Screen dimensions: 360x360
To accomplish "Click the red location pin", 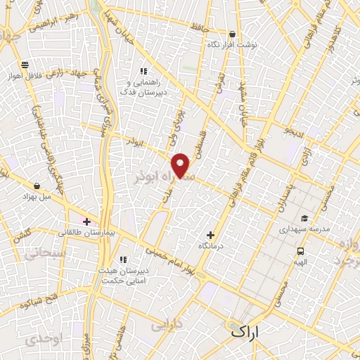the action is [181, 165].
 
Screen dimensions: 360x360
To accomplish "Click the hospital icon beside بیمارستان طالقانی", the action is [86, 221].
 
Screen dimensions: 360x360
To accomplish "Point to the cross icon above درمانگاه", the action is [210, 235].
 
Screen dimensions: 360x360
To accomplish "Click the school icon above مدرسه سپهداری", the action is [304, 218].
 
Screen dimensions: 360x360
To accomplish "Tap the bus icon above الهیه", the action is [301, 251].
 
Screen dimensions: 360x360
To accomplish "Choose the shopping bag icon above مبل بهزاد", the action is [37, 186].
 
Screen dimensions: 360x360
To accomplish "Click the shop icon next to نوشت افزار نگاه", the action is [232, 34].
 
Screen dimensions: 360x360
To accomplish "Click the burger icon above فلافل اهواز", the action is [25, 65].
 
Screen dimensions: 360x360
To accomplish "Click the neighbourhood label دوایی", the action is [166, 326].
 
